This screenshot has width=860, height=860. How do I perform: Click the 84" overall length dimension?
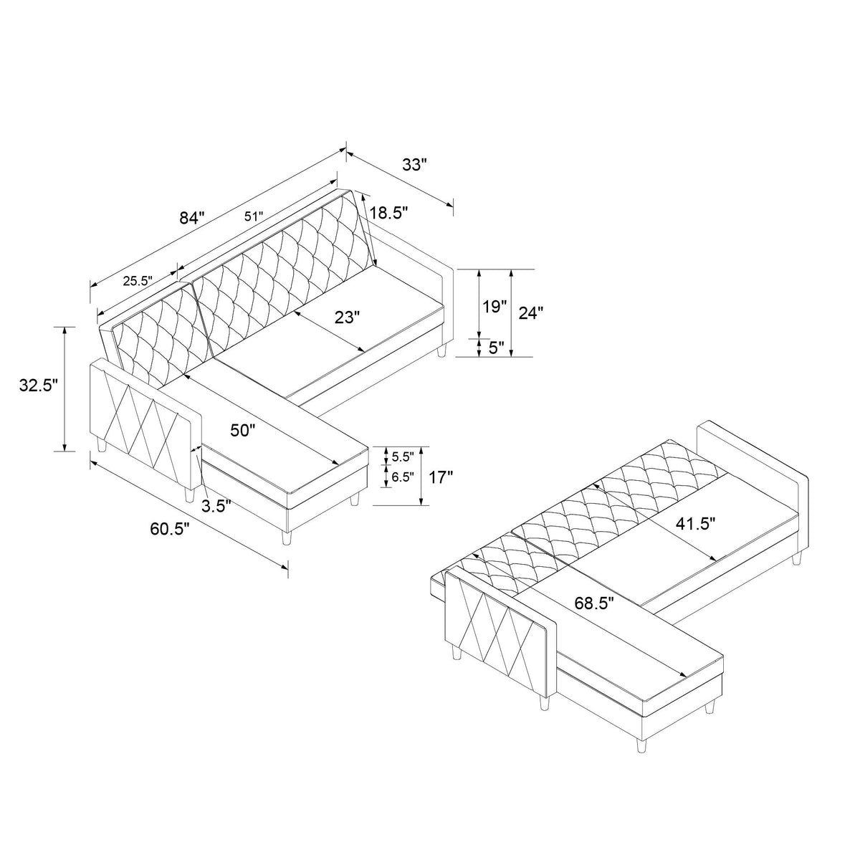click(x=192, y=218)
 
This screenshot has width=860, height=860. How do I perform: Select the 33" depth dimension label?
click(x=414, y=165)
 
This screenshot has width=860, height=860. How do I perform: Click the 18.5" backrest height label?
click(x=389, y=212)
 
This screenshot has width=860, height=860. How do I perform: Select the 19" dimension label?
click(x=494, y=307)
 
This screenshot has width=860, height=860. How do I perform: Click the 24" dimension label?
click(x=530, y=312)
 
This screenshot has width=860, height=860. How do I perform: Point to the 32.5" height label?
click(x=38, y=386)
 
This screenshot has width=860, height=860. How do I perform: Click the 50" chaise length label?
click(x=243, y=430)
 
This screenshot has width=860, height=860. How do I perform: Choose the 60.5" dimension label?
click(x=171, y=530)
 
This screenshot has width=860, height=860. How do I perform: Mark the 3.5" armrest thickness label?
click(x=216, y=507)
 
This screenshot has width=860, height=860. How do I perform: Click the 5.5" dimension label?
click(x=402, y=457)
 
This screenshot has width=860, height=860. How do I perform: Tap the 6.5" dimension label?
click(x=402, y=477)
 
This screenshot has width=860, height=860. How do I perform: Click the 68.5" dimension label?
click(x=595, y=603)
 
